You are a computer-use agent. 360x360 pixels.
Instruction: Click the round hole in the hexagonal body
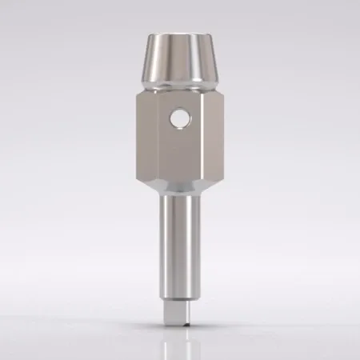[177, 121]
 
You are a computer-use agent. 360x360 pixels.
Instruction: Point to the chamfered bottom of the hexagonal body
[178, 185]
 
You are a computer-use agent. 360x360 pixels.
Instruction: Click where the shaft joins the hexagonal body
[178, 195]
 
